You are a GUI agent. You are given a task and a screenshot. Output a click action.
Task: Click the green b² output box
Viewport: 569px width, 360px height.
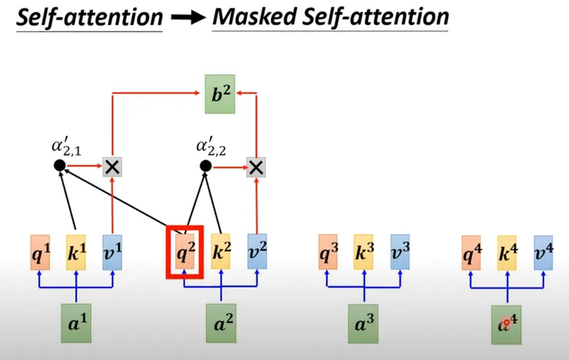pos(220,94)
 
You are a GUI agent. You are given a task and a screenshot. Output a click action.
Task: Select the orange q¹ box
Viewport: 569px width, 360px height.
pos(40,252)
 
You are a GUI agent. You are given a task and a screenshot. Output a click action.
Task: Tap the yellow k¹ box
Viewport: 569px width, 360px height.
pos(76,252)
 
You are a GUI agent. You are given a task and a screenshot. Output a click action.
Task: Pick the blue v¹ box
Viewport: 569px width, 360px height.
pos(112,252)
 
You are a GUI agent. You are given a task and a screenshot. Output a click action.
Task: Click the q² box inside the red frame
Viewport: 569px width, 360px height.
pos(185,252)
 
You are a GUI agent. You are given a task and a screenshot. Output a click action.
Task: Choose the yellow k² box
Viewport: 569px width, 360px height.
pos(221,252)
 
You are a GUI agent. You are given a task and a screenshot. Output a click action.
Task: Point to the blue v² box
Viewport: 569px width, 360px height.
pos(258,252)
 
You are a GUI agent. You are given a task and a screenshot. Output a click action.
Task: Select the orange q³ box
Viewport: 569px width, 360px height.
pos(328,252)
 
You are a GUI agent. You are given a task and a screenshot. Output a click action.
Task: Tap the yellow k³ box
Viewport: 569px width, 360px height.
pos(364,252)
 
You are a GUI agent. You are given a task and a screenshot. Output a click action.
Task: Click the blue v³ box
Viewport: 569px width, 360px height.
pos(401,252)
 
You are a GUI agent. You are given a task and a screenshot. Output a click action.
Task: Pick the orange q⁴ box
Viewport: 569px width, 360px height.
pos(471,253)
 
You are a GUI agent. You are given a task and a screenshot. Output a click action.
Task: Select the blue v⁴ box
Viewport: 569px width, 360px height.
pos(544,253)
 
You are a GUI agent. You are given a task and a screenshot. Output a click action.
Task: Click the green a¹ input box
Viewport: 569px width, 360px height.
pos(76,323)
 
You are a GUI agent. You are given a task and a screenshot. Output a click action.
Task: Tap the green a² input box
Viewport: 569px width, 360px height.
pos(221,323)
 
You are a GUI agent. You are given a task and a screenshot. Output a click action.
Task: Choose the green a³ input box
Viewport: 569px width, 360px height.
pos(363,324)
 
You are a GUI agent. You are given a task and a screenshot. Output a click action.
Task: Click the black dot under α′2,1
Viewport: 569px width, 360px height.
pos(60,165)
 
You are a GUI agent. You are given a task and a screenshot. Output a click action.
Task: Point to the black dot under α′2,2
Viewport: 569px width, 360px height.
pos(206,166)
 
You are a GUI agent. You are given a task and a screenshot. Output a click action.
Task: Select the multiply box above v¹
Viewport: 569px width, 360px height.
pos(112,167)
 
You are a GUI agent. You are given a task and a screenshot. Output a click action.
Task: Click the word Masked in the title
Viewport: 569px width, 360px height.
pos(255,17)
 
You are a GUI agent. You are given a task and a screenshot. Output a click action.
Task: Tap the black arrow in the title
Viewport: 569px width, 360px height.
pos(188,18)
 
